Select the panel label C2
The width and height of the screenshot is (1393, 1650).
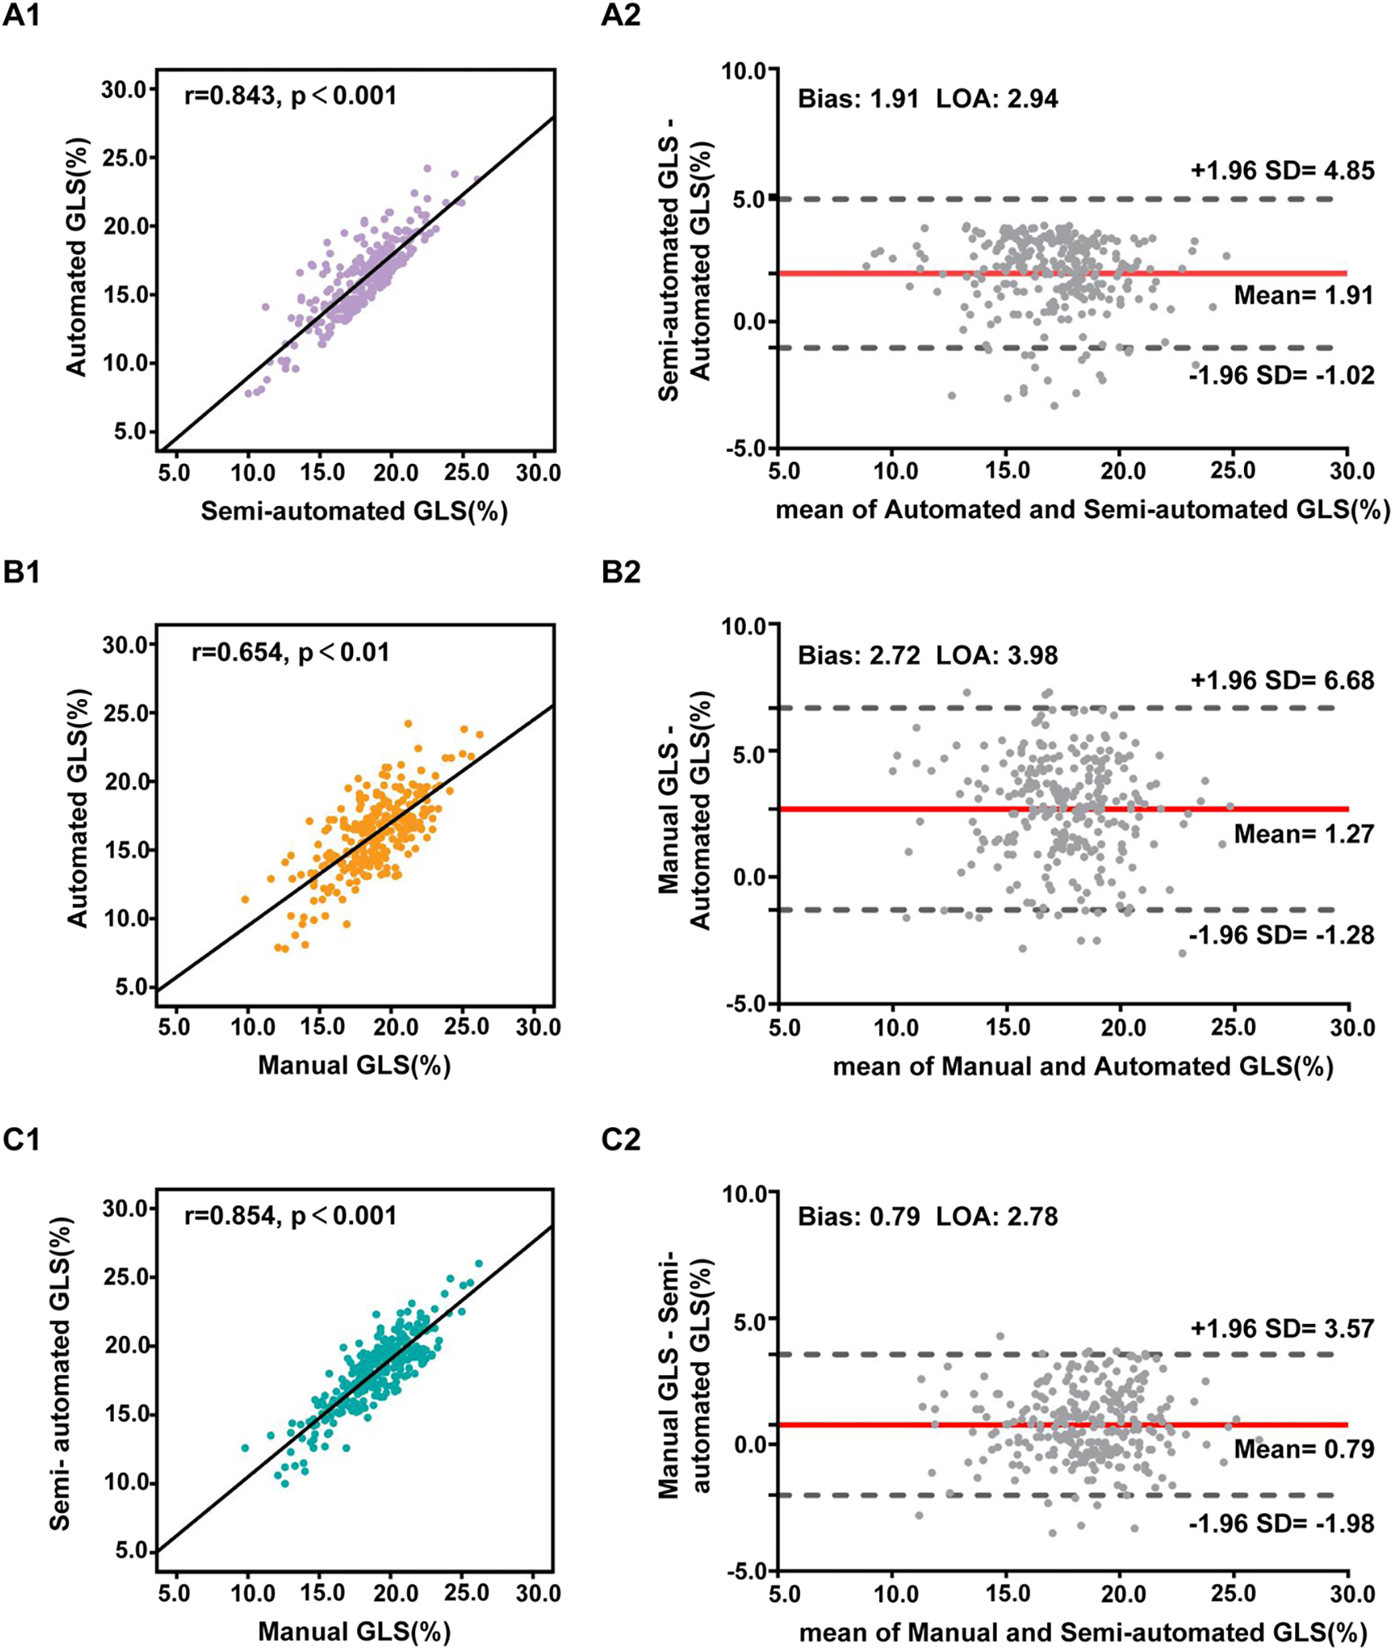pos(621,1141)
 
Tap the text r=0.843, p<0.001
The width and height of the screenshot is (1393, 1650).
pos(290,96)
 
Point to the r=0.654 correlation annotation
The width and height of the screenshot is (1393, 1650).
pos(290,653)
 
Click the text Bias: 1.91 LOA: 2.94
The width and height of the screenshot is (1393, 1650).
pos(928,99)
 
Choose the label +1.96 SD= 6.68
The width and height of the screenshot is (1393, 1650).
pos(1282,681)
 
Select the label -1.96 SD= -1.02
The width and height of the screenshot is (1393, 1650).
pos(1281,375)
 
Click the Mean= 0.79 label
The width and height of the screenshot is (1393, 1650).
pos(1304,1448)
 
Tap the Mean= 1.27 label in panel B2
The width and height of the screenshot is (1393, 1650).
pos(1304,835)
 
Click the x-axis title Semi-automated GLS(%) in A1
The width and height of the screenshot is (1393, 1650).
pos(354,511)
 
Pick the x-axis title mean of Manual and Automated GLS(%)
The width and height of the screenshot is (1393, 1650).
pos(1082,1066)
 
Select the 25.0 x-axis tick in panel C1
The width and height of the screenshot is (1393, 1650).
pos(466,1593)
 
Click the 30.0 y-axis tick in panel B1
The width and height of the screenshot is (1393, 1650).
pos(125,644)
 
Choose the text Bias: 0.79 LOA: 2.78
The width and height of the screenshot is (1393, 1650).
pos(928,1217)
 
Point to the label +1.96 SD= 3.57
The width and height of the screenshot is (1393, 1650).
pos(1282,1329)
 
